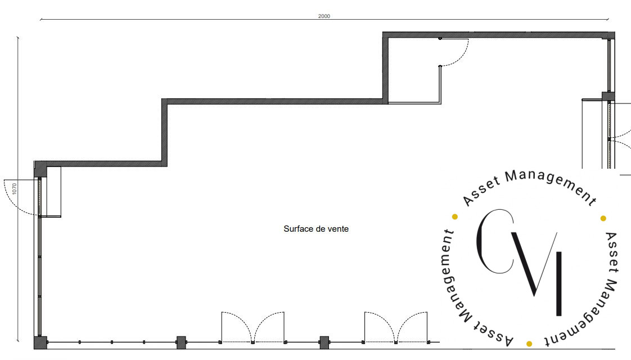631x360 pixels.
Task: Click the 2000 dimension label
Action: tap(324, 16)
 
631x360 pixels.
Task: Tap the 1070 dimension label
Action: tap(15, 188)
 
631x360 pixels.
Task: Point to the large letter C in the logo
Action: tap(480, 242)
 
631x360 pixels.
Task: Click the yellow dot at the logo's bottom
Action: tap(529, 344)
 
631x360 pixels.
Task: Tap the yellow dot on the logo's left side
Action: tap(455, 217)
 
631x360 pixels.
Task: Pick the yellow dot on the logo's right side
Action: tap(603, 218)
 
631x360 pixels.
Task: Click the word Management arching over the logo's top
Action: tap(550, 183)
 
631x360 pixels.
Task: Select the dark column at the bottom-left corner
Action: tap(40, 343)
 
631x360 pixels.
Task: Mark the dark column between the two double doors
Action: tap(324, 343)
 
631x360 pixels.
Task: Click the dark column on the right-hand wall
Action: tap(609, 96)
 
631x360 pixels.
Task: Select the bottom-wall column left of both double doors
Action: tap(181, 343)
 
